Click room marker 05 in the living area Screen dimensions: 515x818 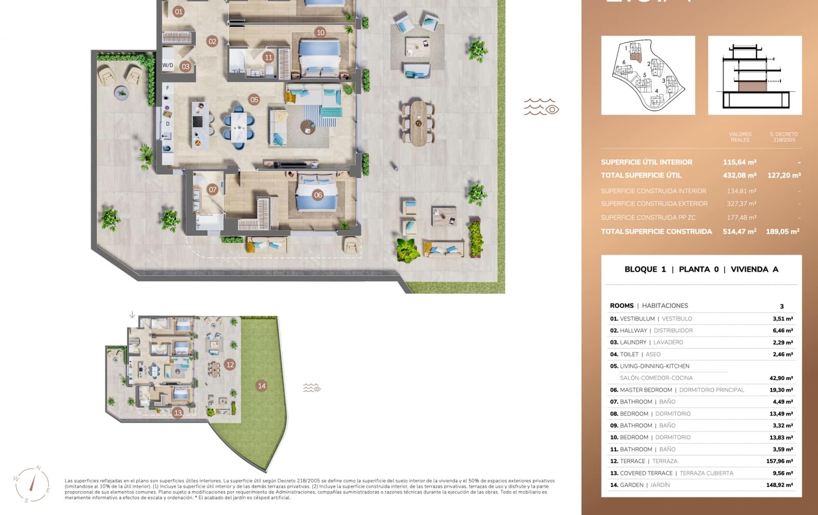point(254,100)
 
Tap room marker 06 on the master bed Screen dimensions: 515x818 point(318,195)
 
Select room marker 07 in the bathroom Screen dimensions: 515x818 point(213,190)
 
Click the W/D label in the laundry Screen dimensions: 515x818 point(168,65)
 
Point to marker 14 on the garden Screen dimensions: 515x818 point(262,386)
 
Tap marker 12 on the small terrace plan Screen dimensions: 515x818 point(230,365)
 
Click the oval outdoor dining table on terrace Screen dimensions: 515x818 point(418,123)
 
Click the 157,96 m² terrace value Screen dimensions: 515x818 point(779,461)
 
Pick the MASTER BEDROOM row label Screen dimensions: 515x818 point(646,390)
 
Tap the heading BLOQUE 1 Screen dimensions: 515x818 point(645,269)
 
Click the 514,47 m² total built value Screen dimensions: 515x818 point(739,231)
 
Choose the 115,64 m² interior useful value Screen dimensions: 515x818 point(739,162)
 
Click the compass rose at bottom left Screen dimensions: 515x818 point(33,484)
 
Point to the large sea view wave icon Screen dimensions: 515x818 point(541,107)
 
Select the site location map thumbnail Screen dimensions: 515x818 point(648,75)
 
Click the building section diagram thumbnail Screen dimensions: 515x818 point(755,75)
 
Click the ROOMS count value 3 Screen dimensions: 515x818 point(781,306)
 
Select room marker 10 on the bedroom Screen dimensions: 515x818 point(321,33)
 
